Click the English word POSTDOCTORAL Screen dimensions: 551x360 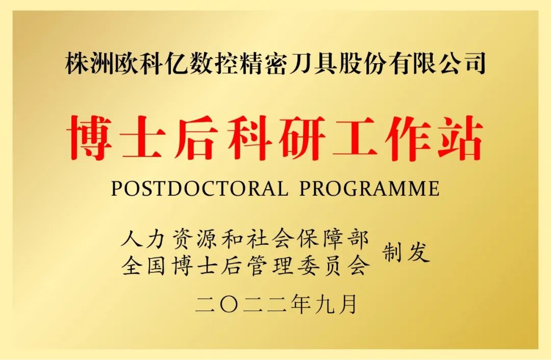[199, 189]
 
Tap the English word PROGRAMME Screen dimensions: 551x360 [369, 189]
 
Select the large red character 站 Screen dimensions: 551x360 [460, 138]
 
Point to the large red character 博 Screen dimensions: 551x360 [91, 138]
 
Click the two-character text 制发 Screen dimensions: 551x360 [406, 252]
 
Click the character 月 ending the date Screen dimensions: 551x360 [347, 304]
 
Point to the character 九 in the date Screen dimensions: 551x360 [324, 304]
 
